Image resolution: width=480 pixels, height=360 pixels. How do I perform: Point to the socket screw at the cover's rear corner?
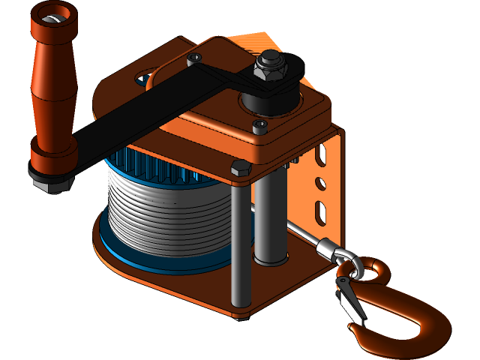[x=196, y=58]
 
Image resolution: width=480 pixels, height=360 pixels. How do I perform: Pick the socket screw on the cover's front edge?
[x=259, y=126]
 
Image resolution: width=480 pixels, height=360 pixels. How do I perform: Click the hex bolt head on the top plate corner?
[x=240, y=167]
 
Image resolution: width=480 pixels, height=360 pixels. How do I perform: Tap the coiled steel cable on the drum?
[x=169, y=217]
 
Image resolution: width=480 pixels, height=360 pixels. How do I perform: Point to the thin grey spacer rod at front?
[x=237, y=247]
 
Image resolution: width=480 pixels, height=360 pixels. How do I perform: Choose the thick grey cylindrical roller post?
[x=270, y=217]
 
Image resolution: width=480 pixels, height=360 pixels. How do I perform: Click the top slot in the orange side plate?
[x=321, y=156]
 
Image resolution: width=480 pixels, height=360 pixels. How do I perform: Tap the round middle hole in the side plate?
[x=320, y=182]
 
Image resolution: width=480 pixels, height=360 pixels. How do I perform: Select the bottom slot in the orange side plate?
[x=320, y=212]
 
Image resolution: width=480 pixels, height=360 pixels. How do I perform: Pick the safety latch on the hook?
[x=346, y=297]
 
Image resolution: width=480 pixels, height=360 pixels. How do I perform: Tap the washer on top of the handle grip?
[x=52, y=16]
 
